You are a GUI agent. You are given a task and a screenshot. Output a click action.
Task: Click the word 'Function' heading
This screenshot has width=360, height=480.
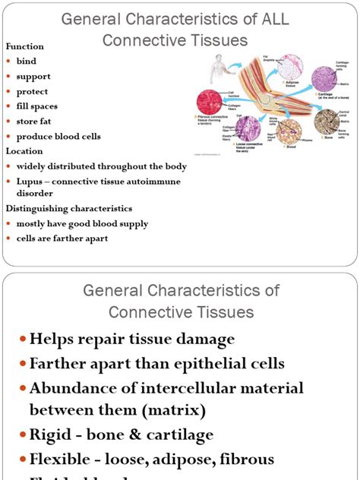24,46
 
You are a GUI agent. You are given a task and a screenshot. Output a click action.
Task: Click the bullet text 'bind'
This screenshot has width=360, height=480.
26,62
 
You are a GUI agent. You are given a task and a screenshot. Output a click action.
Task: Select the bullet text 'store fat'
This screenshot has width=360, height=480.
36,122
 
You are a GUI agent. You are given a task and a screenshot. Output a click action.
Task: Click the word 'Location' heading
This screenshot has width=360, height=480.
24,151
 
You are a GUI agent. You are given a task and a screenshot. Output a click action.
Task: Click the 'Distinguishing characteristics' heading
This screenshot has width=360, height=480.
69,208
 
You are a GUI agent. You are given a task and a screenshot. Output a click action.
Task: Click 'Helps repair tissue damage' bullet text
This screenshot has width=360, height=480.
132,339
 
